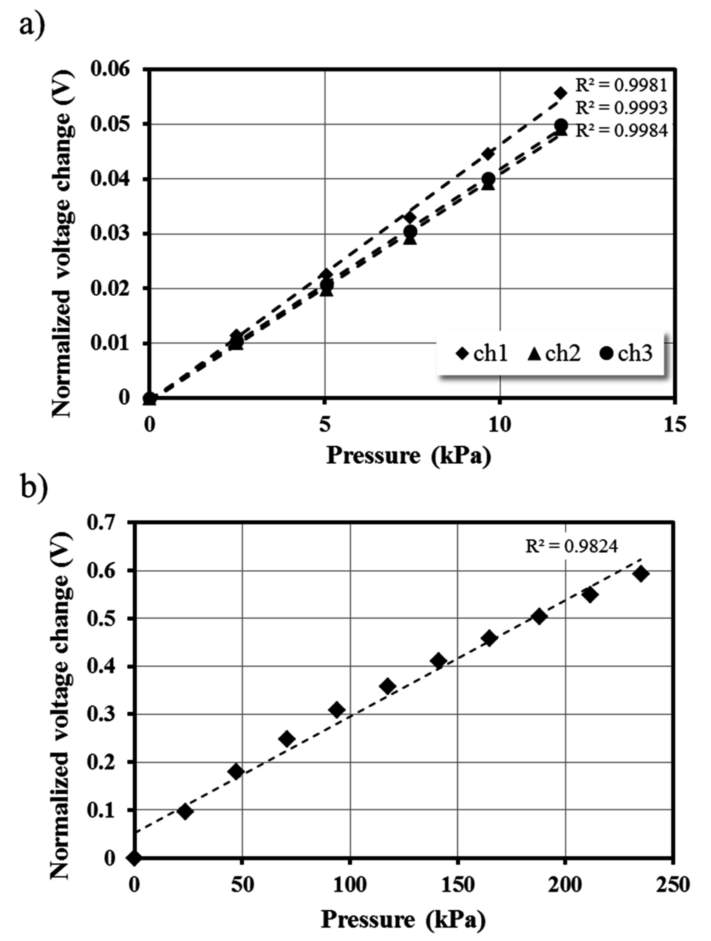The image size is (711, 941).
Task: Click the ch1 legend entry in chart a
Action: (x=482, y=353)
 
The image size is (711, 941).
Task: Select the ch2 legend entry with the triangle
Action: (x=553, y=353)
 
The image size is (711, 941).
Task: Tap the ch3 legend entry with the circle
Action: (x=626, y=353)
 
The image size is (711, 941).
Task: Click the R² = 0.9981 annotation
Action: (x=621, y=85)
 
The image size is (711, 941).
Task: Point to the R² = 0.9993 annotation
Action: (x=621, y=108)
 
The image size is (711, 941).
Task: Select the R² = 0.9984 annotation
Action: (x=621, y=131)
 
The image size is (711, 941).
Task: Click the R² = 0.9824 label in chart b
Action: (x=571, y=547)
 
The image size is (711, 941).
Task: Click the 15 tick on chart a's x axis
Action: (x=674, y=424)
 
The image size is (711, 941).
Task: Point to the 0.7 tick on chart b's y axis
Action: (x=101, y=522)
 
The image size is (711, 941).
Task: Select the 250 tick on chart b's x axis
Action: (x=672, y=884)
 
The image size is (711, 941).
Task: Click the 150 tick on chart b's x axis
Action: (x=457, y=884)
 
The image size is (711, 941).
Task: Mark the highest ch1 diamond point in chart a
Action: (x=561, y=93)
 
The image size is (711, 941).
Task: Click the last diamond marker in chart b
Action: (x=641, y=574)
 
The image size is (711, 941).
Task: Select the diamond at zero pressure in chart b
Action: (x=134, y=858)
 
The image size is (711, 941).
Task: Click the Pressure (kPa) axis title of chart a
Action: (x=408, y=456)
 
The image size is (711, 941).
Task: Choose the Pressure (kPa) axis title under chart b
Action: (x=403, y=919)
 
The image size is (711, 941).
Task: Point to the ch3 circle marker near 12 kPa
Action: (x=561, y=126)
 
